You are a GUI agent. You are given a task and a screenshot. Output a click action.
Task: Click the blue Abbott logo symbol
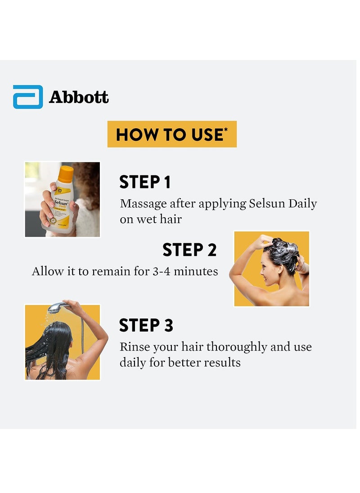pyautogui.click(x=28, y=97)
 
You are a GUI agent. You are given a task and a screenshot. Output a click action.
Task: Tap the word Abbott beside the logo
pyautogui.click(x=79, y=97)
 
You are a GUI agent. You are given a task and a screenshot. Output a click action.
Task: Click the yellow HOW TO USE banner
pyautogui.click(x=171, y=134)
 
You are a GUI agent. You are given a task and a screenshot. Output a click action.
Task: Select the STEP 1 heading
pyautogui.click(x=145, y=182)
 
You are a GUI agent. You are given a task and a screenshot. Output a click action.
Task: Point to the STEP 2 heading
pyautogui.click(x=189, y=250)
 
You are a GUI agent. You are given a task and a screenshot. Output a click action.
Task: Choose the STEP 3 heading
pyautogui.click(x=146, y=325)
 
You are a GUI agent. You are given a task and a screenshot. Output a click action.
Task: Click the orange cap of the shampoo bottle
pyautogui.click(x=66, y=174)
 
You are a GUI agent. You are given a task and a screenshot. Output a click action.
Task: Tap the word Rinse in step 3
pyautogui.click(x=134, y=347)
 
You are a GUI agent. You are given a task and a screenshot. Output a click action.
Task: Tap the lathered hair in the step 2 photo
pyautogui.click(x=282, y=251)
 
